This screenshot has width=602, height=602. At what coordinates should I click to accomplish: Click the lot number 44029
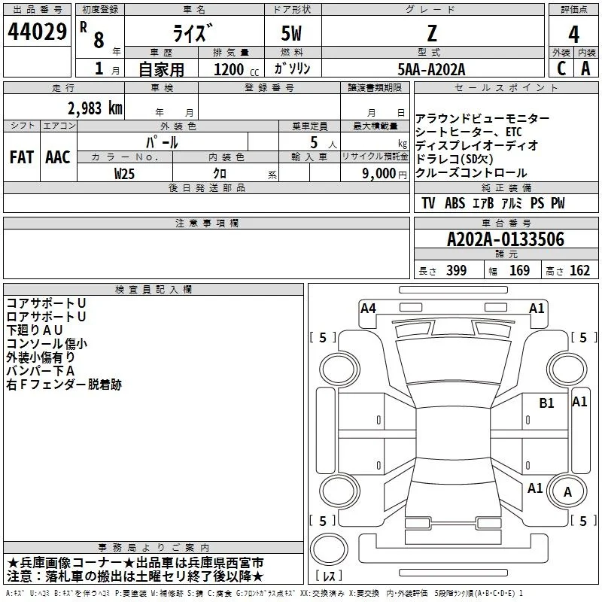37,32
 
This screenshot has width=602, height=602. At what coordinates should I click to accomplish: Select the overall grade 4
573,34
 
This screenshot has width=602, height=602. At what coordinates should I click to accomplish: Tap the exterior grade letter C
561,68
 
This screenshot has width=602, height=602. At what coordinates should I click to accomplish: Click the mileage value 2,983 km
95,108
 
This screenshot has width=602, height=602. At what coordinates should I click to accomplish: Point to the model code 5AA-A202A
431,69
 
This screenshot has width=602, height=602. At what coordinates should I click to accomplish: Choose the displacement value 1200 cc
236,69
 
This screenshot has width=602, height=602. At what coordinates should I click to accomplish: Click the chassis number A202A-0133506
506,239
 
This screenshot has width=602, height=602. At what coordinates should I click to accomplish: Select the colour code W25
124,174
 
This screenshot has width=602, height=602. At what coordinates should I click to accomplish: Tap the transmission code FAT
22,157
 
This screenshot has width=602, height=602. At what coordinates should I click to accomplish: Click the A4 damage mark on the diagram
368,309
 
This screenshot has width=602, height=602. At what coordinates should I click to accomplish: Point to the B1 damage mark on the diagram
546,403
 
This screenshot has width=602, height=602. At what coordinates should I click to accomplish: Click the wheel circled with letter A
567,491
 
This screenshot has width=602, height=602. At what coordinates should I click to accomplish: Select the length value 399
456,270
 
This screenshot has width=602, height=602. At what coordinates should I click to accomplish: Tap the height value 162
579,270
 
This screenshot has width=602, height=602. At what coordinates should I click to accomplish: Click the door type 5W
291,33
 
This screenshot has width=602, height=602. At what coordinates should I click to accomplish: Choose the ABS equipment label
455,203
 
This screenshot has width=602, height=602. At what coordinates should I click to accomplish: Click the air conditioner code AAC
58,157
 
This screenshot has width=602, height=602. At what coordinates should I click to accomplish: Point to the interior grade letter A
585,68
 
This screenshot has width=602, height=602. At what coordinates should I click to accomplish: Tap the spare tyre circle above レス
329,549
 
